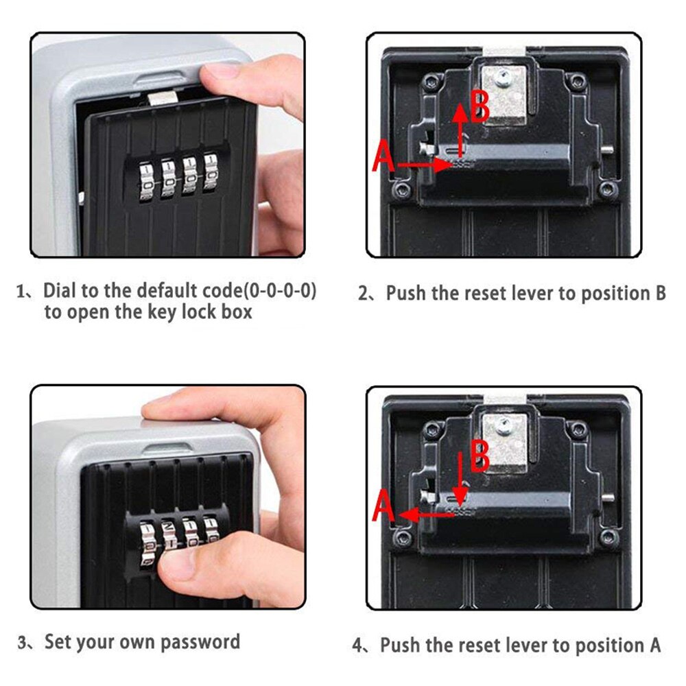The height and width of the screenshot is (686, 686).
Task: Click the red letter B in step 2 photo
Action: (479, 107)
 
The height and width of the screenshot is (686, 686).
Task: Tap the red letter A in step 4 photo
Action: (383, 509)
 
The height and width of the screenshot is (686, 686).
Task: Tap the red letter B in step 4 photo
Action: (479, 456)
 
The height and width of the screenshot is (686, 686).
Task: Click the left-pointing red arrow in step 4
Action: (425, 513)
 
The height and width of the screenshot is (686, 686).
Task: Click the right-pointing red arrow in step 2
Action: (425, 165)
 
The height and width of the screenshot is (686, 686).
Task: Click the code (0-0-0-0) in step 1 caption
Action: (282, 290)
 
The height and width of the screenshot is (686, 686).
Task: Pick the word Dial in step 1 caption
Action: (60, 290)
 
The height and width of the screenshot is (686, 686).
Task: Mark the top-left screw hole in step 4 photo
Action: (431, 431)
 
